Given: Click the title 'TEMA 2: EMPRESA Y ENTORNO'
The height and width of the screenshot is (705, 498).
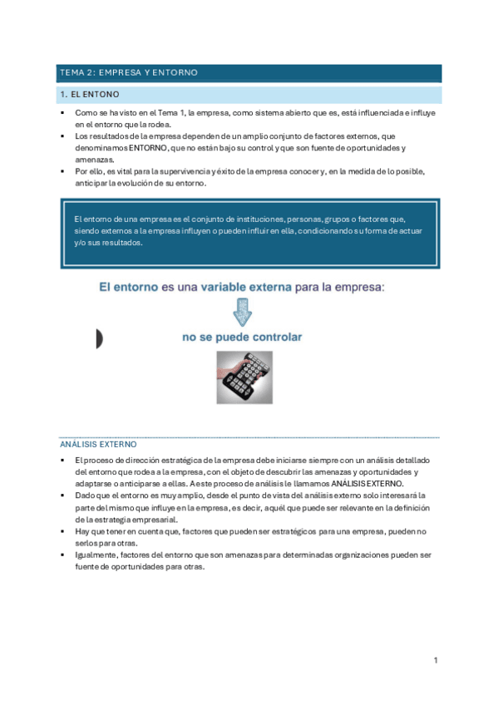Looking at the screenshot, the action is [128, 73].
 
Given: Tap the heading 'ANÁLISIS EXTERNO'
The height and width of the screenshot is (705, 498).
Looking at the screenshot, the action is [98, 445].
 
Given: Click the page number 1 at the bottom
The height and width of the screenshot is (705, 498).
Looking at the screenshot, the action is [435, 660].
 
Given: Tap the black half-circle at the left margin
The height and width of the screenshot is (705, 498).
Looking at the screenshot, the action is [98, 338].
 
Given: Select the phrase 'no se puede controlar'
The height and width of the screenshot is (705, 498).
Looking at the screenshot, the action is [243, 338].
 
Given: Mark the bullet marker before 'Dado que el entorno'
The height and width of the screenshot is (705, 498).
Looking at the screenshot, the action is [63, 495].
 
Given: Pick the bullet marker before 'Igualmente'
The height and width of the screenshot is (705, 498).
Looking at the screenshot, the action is [63, 555].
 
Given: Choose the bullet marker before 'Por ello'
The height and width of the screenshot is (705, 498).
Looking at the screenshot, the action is [63, 171].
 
